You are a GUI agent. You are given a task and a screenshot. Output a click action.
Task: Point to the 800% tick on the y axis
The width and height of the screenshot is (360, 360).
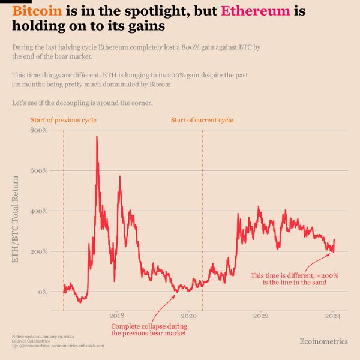[x=39, y=130]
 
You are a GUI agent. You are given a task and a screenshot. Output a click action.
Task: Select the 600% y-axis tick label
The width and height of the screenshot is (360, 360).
[x=39, y=170]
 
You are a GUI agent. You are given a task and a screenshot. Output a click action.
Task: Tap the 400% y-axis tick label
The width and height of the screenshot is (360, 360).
[x=39, y=211]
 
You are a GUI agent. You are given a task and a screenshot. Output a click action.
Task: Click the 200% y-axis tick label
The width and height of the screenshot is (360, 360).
[x=39, y=251]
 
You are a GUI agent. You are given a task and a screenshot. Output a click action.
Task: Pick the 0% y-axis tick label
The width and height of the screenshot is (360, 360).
[x=43, y=292]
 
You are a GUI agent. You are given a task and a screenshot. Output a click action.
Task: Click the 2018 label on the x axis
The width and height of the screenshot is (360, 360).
[x=116, y=315]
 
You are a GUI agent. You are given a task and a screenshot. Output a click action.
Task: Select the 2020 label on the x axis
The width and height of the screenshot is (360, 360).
[x=188, y=315]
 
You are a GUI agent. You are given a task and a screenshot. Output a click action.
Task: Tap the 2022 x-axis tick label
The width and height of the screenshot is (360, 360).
[x=261, y=315]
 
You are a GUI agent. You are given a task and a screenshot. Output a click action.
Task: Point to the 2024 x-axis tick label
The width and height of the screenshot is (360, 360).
[x=333, y=315]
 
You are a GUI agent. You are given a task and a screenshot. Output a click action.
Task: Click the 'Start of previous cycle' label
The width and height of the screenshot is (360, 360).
[x=63, y=121]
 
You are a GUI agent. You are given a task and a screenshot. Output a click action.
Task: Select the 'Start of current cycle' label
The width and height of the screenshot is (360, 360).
[x=202, y=121]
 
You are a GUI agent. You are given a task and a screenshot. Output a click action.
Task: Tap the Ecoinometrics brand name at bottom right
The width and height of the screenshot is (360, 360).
[x=323, y=341]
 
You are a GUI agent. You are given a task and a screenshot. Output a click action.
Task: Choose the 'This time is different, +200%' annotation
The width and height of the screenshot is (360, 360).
[x=295, y=278]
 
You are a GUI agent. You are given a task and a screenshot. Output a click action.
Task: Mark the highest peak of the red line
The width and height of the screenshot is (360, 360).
[x=97, y=137]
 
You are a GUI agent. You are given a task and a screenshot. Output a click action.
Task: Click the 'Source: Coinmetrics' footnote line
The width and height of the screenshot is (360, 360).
[x=26, y=341]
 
